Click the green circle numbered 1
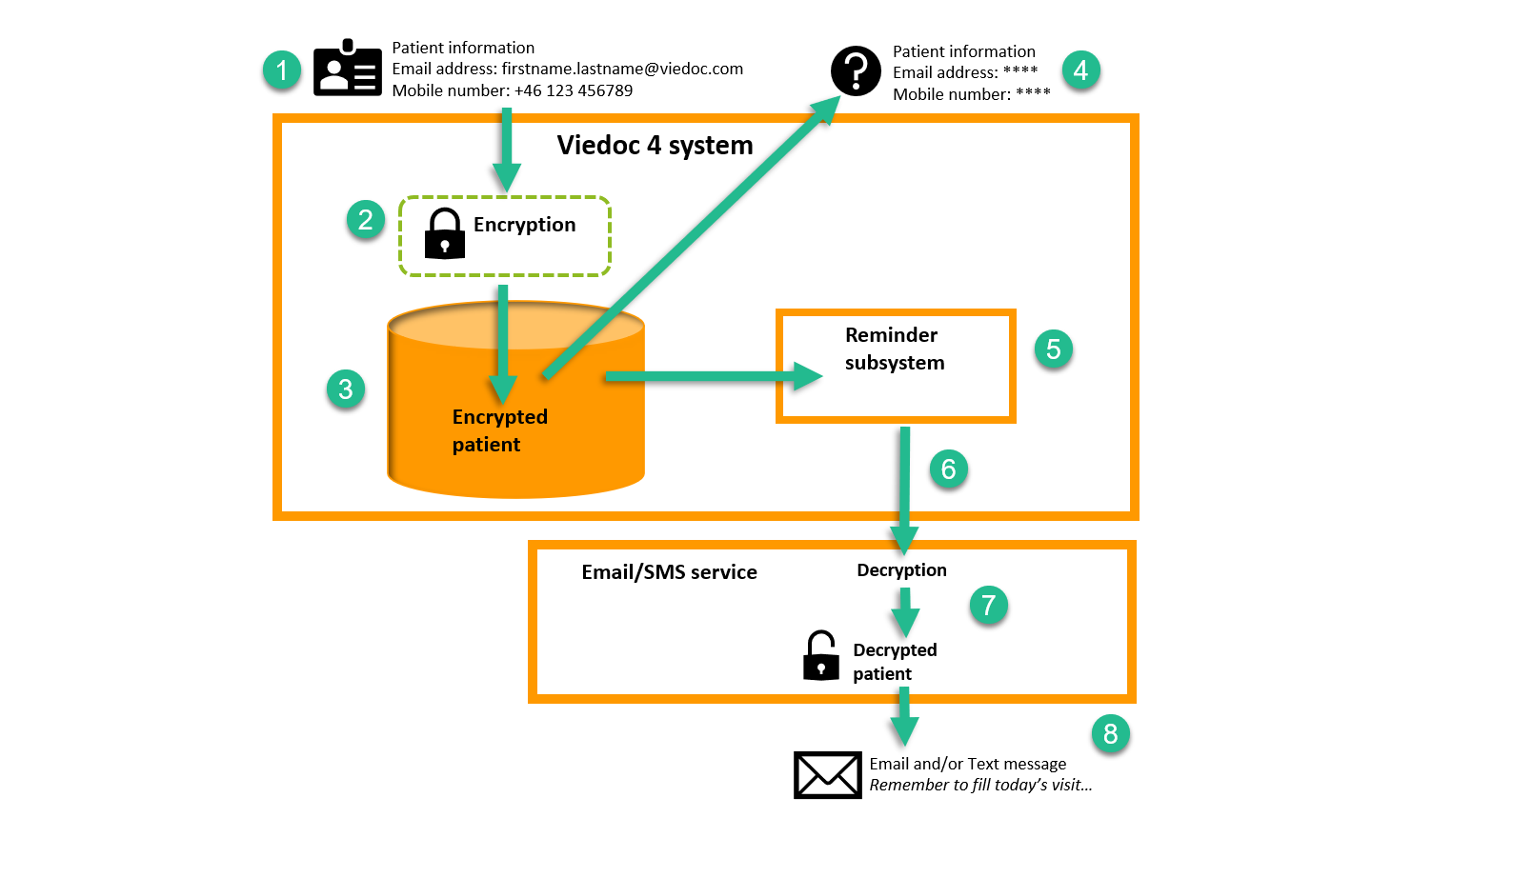(x=282, y=70)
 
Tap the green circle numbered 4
(x=1080, y=70)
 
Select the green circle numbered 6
(x=949, y=469)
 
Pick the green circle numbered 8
(x=1110, y=733)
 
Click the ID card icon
(x=348, y=69)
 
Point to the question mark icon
(x=856, y=71)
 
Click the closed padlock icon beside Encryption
(x=445, y=234)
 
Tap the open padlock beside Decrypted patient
(x=820, y=656)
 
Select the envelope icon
(x=827, y=774)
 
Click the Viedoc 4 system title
(x=655, y=145)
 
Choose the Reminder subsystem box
(x=896, y=367)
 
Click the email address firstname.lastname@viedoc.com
(x=622, y=69)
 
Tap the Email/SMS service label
(x=669, y=572)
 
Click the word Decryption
(x=901, y=570)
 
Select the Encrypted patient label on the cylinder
(x=499, y=430)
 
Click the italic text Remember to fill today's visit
(x=980, y=786)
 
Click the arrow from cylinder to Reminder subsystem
(x=705, y=376)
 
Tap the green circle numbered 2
(x=366, y=220)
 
